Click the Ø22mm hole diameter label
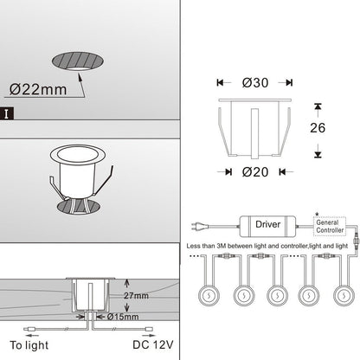38,89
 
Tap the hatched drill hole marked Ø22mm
78,61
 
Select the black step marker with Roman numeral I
7,113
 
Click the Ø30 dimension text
255,83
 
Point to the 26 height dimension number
318,128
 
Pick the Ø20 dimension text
255,172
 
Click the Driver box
268,227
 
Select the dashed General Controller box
330,227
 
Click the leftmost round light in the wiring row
209,295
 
